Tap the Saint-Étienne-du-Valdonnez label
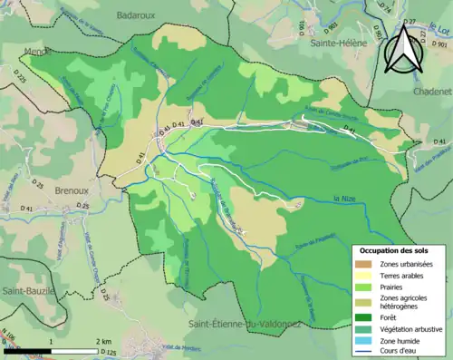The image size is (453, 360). click(x=244, y=324)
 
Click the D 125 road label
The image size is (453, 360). click(x=111, y=352)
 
